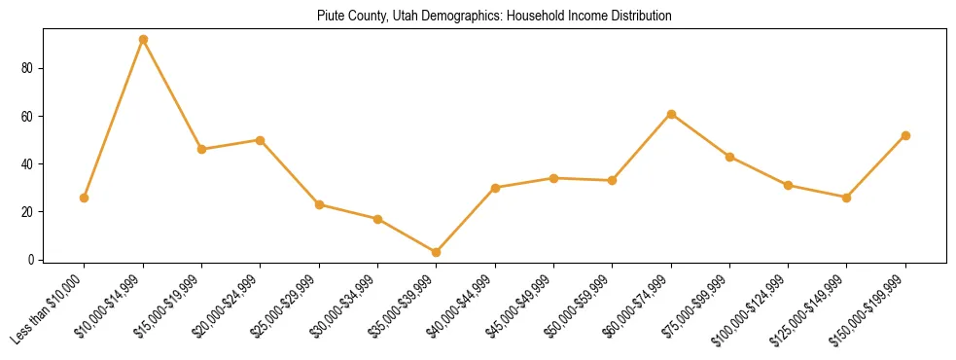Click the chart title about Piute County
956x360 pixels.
click(x=494, y=17)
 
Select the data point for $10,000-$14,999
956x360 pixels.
click(x=143, y=40)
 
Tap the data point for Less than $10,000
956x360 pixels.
click(x=85, y=198)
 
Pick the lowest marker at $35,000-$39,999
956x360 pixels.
click(x=437, y=252)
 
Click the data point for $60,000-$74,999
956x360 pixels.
click(x=671, y=114)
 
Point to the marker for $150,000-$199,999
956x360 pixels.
click(x=905, y=135)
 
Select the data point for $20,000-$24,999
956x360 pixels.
click(x=261, y=140)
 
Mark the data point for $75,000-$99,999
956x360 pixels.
click(x=729, y=157)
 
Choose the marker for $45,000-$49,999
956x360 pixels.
click(x=553, y=178)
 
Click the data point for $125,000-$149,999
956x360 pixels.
click(x=847, y=198)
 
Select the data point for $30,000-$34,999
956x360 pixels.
click(x=377, y=219)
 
